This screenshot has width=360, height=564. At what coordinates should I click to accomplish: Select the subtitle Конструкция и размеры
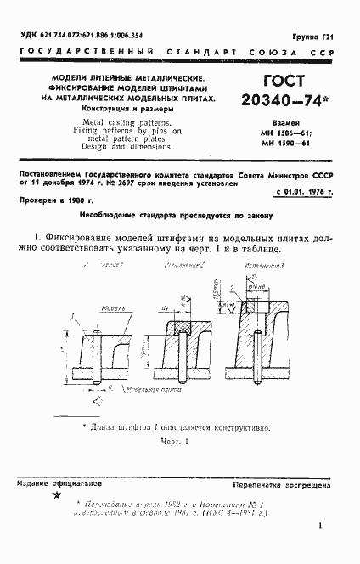click(x=129, y=110)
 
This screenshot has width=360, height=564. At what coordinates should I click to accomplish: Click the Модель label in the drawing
click(x=109, y=309)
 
